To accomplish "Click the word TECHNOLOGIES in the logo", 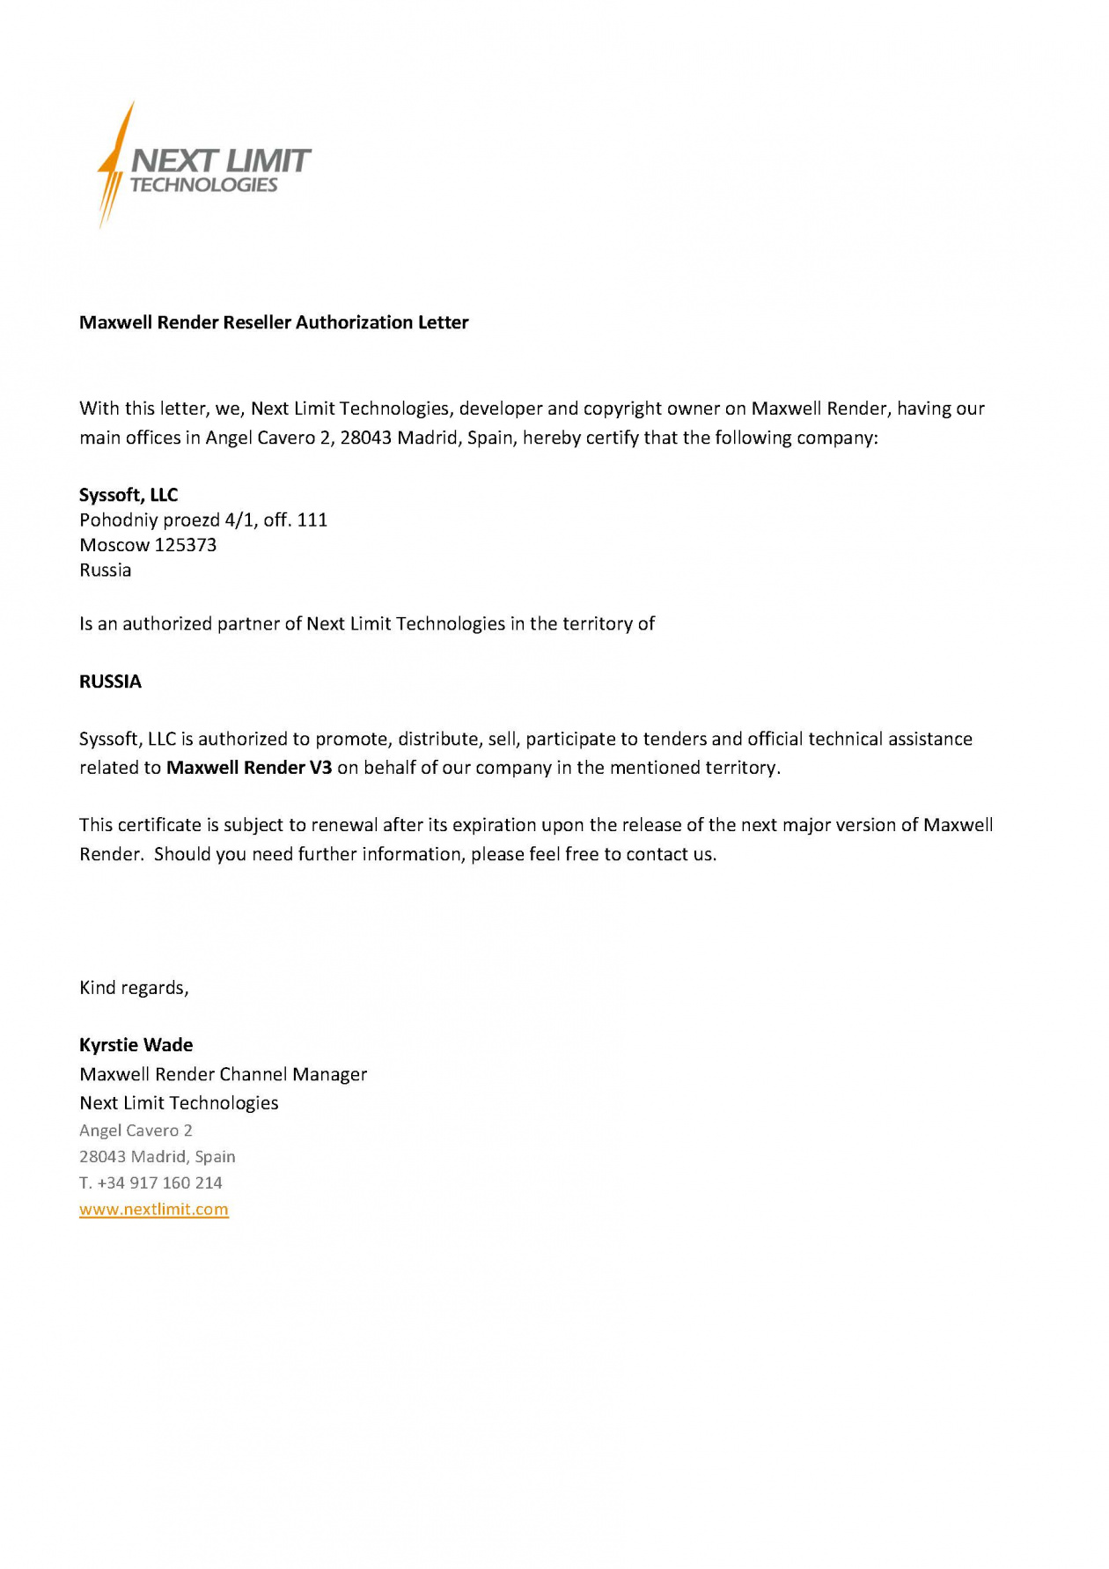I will tap(203, 185).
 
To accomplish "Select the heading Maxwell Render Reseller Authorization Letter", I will tap(274, 322).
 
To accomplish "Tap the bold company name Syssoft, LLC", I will tap(129, 495).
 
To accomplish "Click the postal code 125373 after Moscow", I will tap(186, 545).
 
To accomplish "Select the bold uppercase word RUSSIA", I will tap(110, 681).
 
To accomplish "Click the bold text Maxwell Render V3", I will tap(249, 768).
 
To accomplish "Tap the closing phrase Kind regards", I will tap(134, 988).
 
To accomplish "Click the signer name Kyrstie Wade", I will tap(136, 1045).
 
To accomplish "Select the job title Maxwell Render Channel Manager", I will tap(223, 1074).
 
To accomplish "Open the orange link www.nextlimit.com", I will tap(154, 1209).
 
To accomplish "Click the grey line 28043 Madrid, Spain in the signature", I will tap(158, 1156).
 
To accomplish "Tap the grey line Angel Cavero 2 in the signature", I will tap(136, 1131).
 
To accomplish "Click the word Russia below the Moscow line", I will tap(106, 571).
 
